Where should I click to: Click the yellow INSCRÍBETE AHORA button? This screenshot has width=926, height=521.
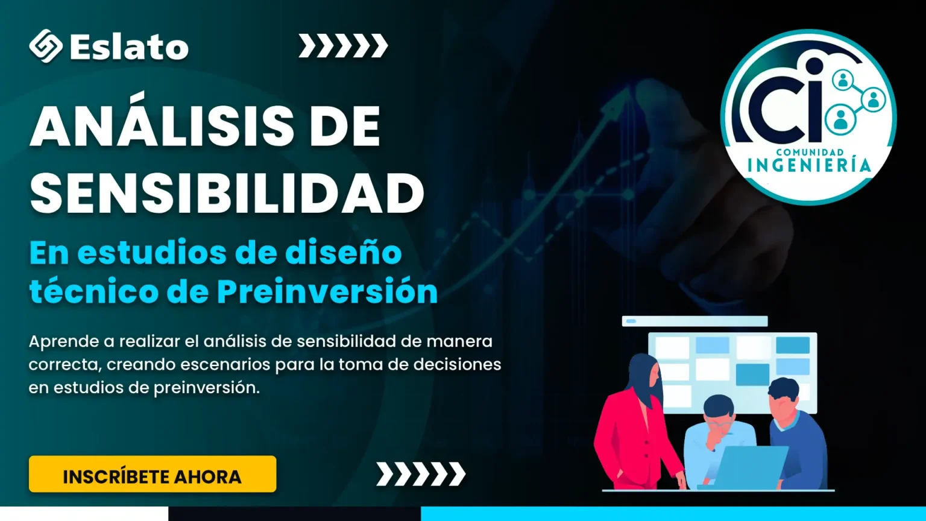153,474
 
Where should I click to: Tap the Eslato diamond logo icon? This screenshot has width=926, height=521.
46,46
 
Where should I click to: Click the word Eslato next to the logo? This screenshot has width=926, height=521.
130,46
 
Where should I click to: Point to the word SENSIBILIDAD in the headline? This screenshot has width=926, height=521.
227,193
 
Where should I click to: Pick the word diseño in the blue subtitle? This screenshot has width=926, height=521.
343,253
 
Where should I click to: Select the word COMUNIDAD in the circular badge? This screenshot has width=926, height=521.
810,153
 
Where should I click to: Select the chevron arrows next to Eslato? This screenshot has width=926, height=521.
343,45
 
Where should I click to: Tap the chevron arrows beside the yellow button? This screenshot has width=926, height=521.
421,474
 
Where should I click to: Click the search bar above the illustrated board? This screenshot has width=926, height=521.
695,321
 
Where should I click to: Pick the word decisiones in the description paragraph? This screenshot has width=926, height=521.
457,364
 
